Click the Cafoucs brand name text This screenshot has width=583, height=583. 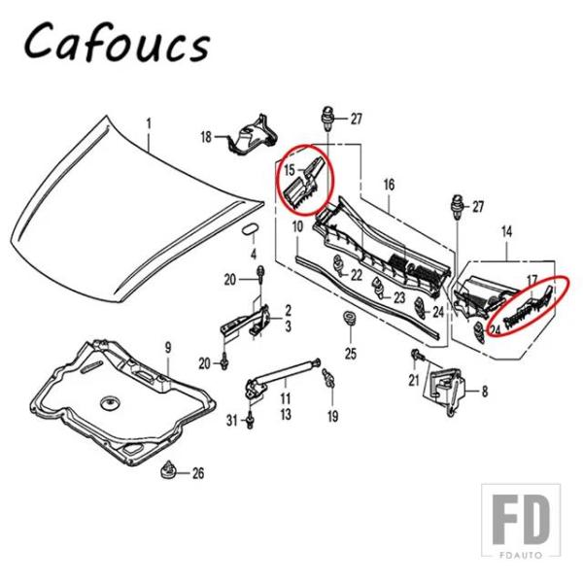pyautogui.click(x=117, y=44)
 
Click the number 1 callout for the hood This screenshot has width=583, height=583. pyautogui.click(x=149, y=123)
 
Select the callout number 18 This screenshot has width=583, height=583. pyautogui.click(x=206, y=137)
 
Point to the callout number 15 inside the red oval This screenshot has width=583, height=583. pyautogui.click(x=289, y=170)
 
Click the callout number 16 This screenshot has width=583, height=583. pyautogui.click(x=389, y=185)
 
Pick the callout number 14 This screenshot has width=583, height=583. pyautogui.click(x=506, y=231)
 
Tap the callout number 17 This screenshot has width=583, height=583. pyautogui.click(x=532, y=281)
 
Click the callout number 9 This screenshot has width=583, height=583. pyautogui.click(x=166, y=348)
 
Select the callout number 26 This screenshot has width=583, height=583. pyautogui.click(x=198, y=473)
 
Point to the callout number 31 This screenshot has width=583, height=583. pyautogui.click(x=231, y=419)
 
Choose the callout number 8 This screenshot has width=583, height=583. pyautogui.click(x=485, y=392)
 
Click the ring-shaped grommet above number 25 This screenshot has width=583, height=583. pyautogui.click(x=348, y=320)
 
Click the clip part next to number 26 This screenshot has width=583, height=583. pyautogui.click(x=173, y=470)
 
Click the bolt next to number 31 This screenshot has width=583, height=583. pyautogui.click(x=251, y=421)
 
